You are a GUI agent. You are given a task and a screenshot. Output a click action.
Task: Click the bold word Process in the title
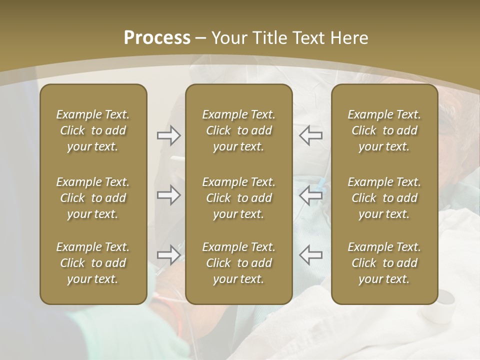[x=157, y=38]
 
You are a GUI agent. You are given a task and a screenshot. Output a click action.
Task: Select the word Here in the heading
[x=349, y=38]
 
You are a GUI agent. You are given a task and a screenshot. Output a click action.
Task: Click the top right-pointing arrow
[x=169, y=135]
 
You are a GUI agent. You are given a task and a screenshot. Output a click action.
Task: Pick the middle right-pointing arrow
[x=169, y=195]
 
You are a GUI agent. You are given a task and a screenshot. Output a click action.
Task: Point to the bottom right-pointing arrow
[x=169, y=255]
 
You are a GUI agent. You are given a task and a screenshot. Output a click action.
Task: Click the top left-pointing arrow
[x=310, y=135]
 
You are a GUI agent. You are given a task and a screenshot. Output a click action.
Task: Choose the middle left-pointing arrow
[x=310, y=195]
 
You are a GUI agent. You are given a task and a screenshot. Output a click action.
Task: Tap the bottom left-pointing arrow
[x=310, y=255]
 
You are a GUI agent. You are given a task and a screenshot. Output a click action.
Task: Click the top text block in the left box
[x=93, y=130]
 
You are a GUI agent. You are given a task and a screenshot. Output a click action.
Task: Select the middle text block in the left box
[x=93, y=198]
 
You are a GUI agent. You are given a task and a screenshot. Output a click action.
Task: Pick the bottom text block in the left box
[x=93, y=263]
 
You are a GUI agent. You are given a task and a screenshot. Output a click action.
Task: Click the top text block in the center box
[x=238, y=130]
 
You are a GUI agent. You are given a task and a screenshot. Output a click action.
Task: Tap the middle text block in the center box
[x=238, y=198]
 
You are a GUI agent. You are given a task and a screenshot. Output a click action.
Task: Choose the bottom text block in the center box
[x=238, y=263]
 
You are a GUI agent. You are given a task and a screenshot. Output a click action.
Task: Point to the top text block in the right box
[x=384, y=130]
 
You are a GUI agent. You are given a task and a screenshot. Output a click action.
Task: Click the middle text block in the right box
[x=384, y=198]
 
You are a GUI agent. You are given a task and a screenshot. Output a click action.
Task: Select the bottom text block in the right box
[x=384, y=263]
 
